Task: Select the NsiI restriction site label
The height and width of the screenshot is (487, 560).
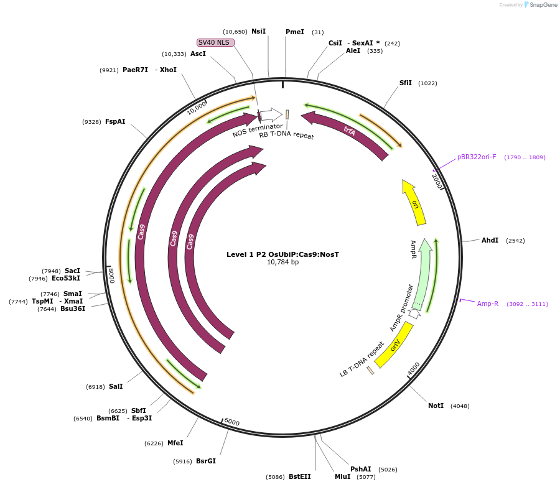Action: [x=258, y=31]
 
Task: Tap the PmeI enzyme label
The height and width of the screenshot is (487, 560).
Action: [x=295, y=32]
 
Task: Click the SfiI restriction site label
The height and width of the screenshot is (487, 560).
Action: [x=406, y=83]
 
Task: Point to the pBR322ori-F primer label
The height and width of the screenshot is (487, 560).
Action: [x=477, y=157]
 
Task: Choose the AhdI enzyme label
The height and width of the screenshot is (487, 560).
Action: [x=490, y=240]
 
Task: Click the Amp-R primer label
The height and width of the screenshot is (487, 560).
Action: [x=488, y=304]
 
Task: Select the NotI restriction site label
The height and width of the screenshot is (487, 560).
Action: [x=436, y=406]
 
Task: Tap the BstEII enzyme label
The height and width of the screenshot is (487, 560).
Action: [x=299, y=476]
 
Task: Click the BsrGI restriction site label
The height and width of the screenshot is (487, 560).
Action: [x=206, y=461]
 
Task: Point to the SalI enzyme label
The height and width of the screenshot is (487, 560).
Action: [x=116, y=386]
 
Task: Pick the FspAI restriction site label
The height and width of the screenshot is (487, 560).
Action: [x=115, y=121]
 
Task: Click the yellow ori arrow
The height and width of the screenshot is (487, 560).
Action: [x=415, y=203]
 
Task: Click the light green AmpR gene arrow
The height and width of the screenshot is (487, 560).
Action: [x=424, y=274]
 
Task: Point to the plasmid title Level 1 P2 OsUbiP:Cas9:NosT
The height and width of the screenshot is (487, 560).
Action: [x=282, y=254]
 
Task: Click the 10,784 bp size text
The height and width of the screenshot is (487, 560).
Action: [x=282, y=262]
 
